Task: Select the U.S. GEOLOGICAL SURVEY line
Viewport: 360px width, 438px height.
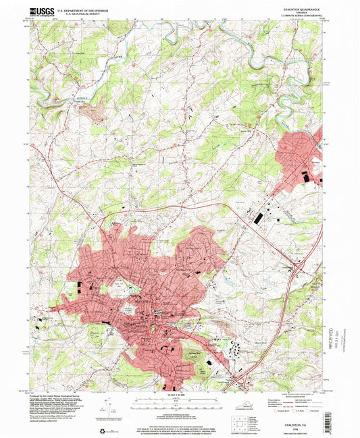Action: point(80,13)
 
